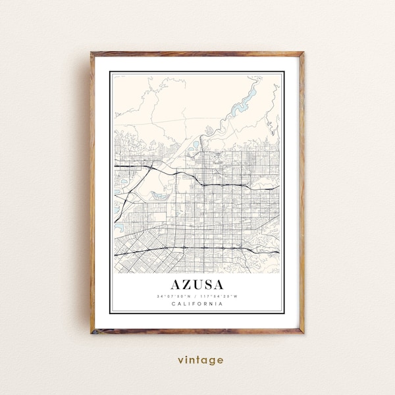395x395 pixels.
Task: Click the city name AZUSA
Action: click(197, 285)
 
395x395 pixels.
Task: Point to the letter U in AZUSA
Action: click(198, 285)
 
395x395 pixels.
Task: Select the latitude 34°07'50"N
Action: click(174, 296)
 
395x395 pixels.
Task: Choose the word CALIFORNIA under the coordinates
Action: click(197, 303)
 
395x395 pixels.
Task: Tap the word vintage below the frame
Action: click(199, 360)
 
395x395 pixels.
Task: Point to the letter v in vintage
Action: click(180, 360)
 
